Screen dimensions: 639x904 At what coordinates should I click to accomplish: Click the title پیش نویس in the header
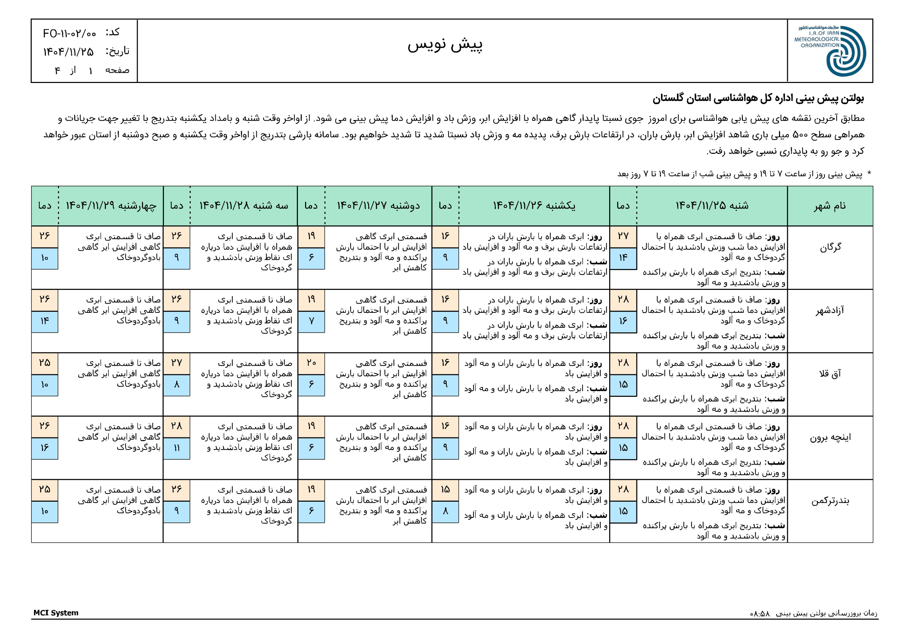pos(445,45)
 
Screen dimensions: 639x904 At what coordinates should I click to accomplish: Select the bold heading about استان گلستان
pos(758,98)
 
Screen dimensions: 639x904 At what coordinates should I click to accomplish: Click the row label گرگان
pos(830,247)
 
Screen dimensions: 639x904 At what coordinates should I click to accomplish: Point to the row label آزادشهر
pos(830,311)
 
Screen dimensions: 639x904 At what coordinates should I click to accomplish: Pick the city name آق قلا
pos(830,374)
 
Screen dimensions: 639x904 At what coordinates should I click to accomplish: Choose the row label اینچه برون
pos(830,437)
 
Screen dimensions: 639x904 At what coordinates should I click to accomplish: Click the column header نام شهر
pos(830,205)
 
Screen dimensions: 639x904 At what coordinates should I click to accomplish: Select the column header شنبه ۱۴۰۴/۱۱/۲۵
pos(712,205)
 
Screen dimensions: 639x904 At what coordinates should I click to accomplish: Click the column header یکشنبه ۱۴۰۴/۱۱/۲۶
pos(534,205)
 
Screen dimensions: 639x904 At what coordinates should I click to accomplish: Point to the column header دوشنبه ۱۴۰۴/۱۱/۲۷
pos(378,205)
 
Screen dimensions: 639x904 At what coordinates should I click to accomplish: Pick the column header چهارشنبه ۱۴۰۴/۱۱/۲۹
pos(111,205)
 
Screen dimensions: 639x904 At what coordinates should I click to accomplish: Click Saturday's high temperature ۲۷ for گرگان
pos(623,236)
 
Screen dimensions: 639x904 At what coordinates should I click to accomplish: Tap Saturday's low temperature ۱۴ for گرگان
pos(623,258)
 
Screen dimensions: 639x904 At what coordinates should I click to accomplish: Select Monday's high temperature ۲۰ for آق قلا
pos(311,363)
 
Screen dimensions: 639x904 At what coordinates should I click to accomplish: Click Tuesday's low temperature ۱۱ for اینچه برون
pos(177,448)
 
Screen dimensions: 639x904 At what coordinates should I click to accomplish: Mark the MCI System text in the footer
pos(56,613)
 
